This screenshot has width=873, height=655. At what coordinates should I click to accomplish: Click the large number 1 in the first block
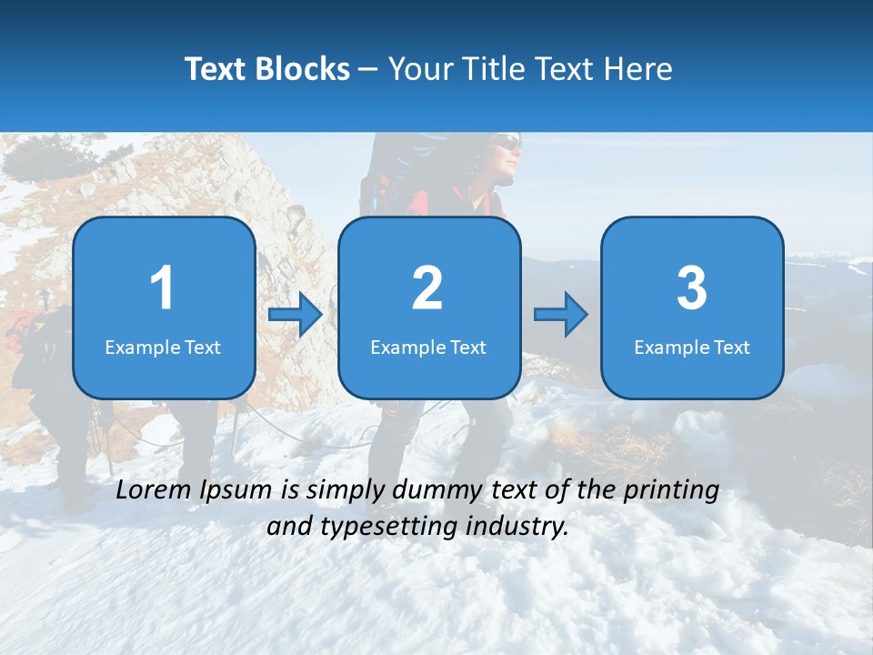(163, 288)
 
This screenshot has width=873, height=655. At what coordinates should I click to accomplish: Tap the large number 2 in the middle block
(427, 288)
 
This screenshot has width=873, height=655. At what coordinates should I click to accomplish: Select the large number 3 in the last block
(692, 288)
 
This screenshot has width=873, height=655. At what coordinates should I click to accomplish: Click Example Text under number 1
(163, 347)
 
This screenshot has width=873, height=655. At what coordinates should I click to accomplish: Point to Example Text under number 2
(428, 347)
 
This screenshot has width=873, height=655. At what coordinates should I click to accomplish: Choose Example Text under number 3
(692, 347)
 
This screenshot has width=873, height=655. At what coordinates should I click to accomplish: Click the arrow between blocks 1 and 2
(296, 316)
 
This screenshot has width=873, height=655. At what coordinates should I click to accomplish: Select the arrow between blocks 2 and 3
(561, 315)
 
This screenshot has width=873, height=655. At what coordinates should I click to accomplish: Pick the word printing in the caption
(672, 490)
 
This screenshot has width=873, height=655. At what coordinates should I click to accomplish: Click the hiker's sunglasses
(507, 143)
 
